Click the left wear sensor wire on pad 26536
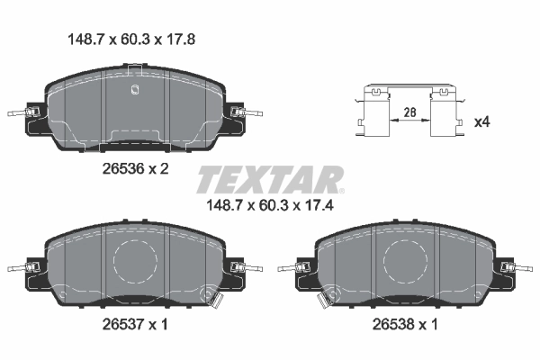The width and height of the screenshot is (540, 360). pyautogui.click(x=20, y=113)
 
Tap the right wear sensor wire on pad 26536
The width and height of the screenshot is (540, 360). pyautogui.click(x=251, y=113)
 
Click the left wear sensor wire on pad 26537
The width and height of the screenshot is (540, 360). pyautogui.click(x=20, y=267)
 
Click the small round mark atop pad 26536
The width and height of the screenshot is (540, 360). pyautogui.click(x=134, y=88)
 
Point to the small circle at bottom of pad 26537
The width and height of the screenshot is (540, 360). pyautogui.click(x=211, y=298)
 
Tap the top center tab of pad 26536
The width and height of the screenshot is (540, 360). pyautogui.click(x=135, y=67)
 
